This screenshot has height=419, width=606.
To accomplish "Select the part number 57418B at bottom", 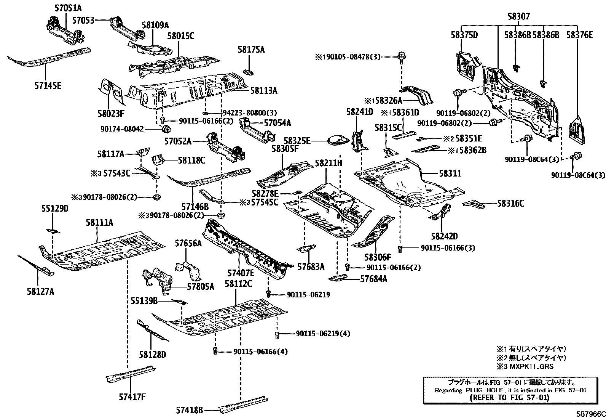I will [x=189, y=410].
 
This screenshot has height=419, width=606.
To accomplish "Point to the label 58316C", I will [x=510, y=204].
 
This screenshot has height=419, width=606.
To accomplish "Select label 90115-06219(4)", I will [x=323, y=334].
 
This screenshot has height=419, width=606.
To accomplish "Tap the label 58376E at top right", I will [x=579, y=35].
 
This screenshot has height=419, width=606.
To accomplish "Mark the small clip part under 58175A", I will [x=249, y=71].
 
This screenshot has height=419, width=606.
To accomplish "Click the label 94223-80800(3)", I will [x=250, y=112].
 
